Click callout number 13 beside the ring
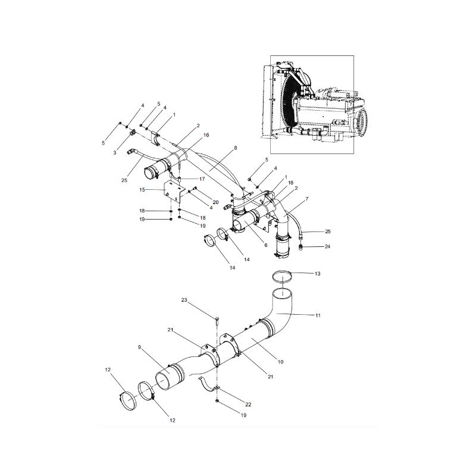coord(317,273)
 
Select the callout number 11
coord(318,315)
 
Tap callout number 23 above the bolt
coord(184,300)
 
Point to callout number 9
coord(139,347)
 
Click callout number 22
coord(248,404)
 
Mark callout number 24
coord(327,246)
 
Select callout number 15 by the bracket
coord(143,189)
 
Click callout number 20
coord(215,202)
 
